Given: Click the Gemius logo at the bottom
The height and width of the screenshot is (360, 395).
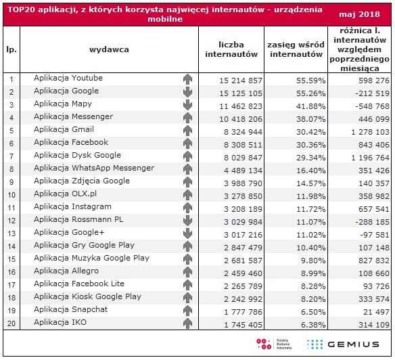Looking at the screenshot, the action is tap(343, 344).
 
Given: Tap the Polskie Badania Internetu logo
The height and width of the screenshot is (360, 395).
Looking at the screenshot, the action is tap(274, 344).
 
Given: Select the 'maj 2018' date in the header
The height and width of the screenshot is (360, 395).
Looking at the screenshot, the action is tap(359, 14).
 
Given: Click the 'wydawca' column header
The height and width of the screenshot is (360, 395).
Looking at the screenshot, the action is tap(109, 49).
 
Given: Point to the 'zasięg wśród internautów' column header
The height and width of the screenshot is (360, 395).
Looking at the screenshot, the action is tap(296, 49).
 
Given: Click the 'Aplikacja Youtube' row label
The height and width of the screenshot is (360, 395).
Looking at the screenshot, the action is tap(68, 78).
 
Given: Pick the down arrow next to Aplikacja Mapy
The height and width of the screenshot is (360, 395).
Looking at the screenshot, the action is tap(187, 105).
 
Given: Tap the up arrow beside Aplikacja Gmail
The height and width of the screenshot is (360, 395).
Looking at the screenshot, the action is tap(187, 131).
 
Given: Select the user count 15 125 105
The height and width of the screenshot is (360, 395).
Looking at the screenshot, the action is tap(241, 93).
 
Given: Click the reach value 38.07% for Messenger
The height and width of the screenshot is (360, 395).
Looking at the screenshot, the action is tap(311, 119).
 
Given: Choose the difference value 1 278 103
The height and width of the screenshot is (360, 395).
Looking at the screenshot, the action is tap(371, 132).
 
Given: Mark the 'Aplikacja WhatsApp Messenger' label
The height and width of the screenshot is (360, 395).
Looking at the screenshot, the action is tap(94, 168).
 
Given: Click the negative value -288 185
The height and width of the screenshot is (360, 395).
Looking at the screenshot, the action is tap(372, 222).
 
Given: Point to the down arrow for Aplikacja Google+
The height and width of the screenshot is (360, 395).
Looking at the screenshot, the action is tap(187, 233).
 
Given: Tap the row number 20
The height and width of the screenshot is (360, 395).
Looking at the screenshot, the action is tap(11, 323).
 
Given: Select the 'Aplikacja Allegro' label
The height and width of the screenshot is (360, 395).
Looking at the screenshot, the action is tap(66, 271).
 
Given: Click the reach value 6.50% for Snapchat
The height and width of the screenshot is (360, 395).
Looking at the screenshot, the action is tap(313, 312).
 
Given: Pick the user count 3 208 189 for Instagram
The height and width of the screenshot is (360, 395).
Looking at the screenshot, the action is tap(243, 209).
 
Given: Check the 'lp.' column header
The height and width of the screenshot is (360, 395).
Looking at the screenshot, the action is tap(11, 49).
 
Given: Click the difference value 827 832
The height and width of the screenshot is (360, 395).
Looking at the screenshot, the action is tap(374, 261).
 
